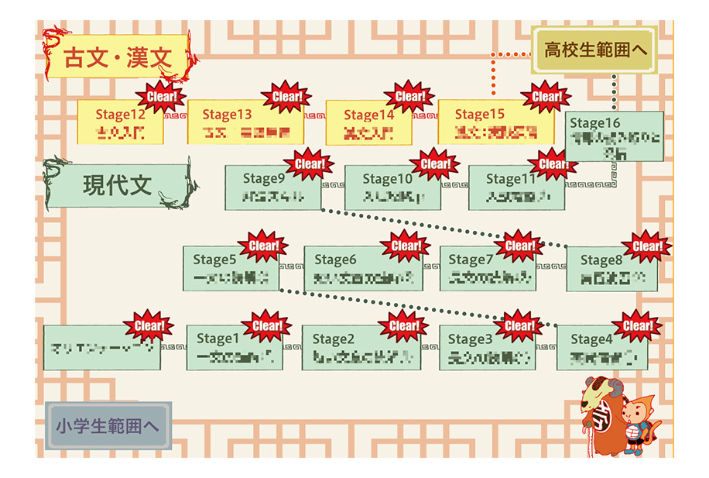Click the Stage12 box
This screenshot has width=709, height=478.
click(120, 122)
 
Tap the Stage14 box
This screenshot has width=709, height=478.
click(368, 122)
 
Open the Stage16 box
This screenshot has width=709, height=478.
click(614, 137)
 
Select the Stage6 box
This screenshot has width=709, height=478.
click(363, 268)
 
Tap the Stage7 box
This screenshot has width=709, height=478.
click(487, 268)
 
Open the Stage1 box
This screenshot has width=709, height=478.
click(235, 347)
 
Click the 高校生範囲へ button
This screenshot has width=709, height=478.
click(594, 52)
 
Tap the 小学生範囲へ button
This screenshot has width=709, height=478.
click(108, 425)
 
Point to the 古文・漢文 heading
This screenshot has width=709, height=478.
click(117, 57)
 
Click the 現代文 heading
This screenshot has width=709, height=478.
click(118, 186)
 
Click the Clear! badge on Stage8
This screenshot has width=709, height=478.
click(646, 246)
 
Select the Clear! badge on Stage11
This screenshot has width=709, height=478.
click(553, 164)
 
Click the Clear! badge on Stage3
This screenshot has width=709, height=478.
click(519, 325)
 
